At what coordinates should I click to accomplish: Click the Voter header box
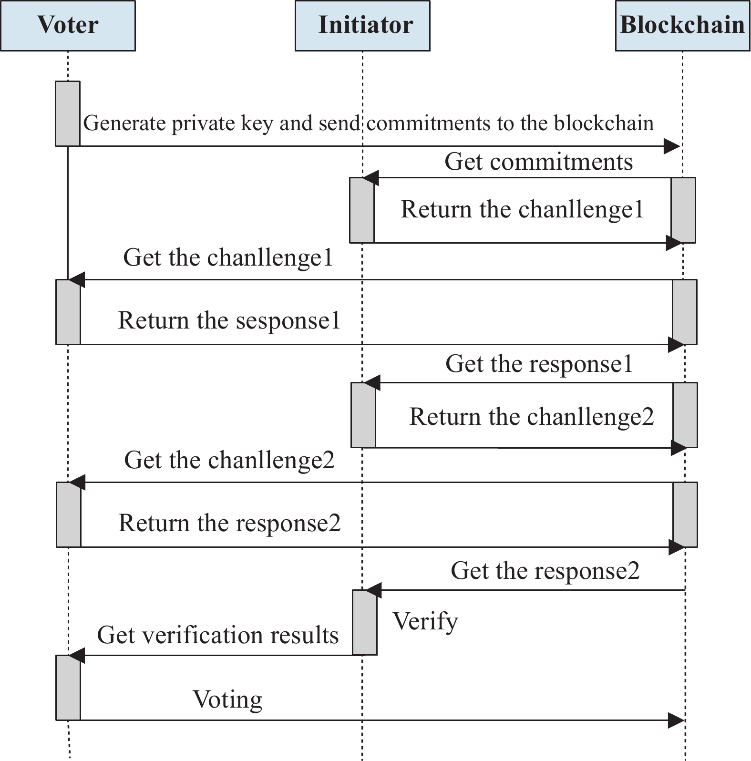(x=68, y=26)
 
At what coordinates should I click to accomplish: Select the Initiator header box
(x=362, y=26)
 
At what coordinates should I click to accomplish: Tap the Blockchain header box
(x=683, y=26)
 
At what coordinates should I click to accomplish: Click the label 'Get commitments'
(x=539, y=162)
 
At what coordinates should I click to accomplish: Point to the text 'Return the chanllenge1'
(x=522, y=210)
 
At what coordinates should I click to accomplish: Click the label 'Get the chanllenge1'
(x=228, y=258)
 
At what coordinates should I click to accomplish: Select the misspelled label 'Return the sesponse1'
(x=229, y=320)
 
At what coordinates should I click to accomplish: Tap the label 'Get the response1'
(x=539, y=364)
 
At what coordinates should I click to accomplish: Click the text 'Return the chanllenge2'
(x=532, y=417)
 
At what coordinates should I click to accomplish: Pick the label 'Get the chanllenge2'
(x=229, y=461)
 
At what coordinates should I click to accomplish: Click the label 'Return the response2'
(x=229, y=523)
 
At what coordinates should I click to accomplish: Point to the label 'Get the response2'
(x=545, y=571)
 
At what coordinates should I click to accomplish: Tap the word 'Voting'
(x=227, y=700)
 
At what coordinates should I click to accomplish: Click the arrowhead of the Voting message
(x=677, y=720)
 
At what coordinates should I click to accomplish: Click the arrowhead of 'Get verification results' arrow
(x=77, y=656)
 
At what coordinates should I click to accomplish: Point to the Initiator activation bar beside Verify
(x=365, y=622)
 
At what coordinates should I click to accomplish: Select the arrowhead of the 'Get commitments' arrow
(x=370, y=178)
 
